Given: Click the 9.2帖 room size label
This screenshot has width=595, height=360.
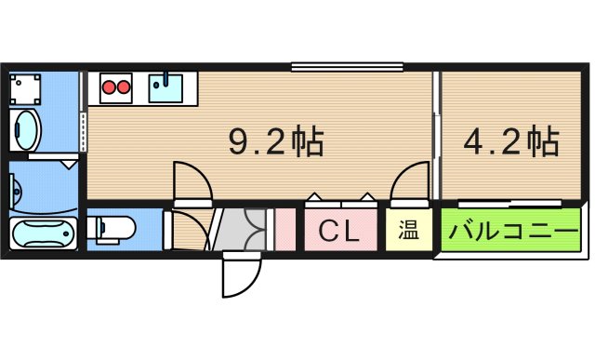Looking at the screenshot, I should pyautogui.click(x=276, y=142).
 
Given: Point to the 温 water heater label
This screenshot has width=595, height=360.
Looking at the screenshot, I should pyautogui.click(x=409, y=230).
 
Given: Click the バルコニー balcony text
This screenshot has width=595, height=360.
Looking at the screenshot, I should pyautogui.click(x=512, y=231).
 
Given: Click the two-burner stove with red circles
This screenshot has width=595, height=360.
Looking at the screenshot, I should pyautogui.click(x=118, y=88).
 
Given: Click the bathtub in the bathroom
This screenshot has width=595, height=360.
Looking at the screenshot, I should pyautogui.click(x=43, y=234).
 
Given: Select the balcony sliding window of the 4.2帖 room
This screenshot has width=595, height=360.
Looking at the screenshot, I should pyautogui.click(x=510, y=202).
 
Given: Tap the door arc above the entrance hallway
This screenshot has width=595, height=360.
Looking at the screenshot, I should pyautogui.click(x=192, y=180).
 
